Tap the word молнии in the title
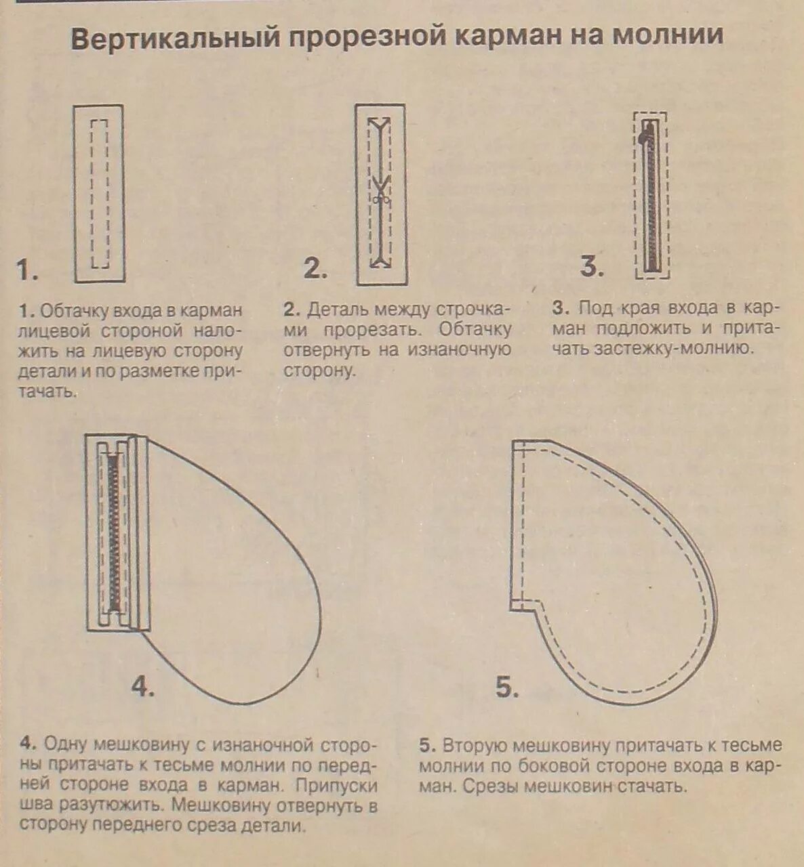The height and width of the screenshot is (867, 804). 668,35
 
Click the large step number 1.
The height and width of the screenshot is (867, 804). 27,271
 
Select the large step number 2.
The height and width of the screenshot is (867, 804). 315,269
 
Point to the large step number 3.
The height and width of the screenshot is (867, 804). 591,266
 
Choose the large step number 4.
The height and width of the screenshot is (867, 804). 143,687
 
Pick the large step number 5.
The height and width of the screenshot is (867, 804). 507,688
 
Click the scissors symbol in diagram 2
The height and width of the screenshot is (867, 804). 380,200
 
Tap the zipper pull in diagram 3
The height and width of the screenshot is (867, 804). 641,138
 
